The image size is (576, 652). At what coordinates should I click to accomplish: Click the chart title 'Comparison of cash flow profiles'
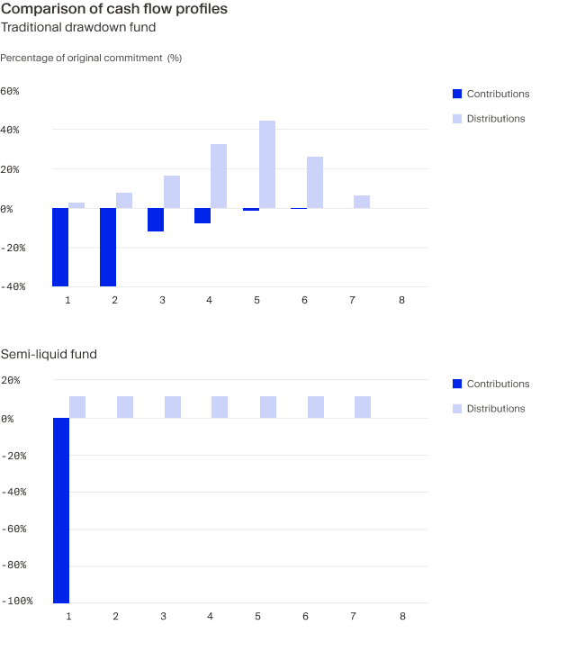114,9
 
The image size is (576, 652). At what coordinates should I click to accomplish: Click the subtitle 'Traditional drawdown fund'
78,27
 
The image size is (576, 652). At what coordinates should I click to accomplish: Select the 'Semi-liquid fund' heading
49,354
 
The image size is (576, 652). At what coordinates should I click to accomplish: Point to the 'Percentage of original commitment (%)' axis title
91,58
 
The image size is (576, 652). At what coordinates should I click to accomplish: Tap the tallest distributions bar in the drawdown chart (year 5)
267,165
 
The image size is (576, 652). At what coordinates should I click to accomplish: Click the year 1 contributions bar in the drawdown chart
60,247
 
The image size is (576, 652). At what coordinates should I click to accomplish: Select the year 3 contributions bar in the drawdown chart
156,220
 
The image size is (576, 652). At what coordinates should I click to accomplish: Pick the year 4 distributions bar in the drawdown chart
219,177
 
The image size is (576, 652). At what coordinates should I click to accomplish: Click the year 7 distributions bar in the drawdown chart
362,202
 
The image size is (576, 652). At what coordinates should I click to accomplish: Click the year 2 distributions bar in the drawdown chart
124,201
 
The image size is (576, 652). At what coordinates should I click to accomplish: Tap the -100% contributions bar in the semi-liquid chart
60,510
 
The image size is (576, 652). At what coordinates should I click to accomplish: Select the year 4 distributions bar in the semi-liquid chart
220,407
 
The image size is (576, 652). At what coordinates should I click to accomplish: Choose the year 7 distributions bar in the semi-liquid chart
363,407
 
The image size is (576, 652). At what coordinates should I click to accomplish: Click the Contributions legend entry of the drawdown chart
497,94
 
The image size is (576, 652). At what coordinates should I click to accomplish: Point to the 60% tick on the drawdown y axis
10,91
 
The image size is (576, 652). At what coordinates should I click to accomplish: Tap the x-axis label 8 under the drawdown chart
402,299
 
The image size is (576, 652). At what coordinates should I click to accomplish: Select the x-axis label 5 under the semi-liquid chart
257,616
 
